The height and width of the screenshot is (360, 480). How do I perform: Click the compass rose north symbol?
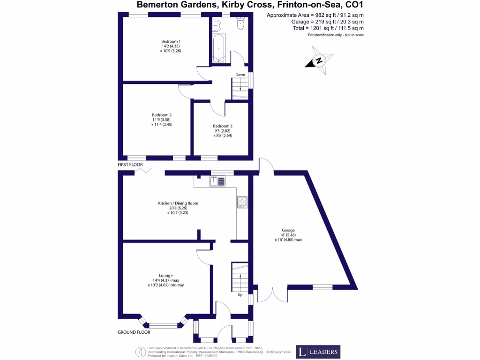click(x=319, y=61)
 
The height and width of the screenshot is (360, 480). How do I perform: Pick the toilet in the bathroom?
click(x=240, y=24)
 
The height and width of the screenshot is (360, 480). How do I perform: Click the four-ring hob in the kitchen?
click(x=242, y=202)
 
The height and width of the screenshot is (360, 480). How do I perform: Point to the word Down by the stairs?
click(x=240, y=75)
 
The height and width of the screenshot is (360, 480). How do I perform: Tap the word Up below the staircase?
click(x=240, y=295)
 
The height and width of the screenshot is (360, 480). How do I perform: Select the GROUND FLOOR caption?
click(x=134, y=332)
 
